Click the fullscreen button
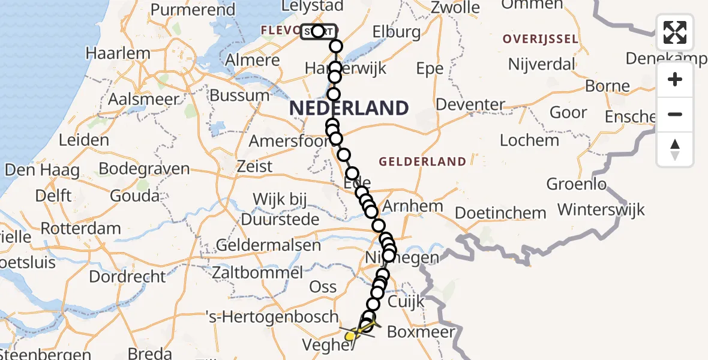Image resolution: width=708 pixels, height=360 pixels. click(675, 32)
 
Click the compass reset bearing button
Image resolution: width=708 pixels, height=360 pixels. click(675, 149)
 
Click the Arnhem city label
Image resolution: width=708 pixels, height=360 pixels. click(412, 206)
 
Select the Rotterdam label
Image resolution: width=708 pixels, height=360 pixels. click(82, 229)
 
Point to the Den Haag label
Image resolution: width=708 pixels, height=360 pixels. click(42, 170)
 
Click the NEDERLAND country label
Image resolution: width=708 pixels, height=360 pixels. click(349, 109)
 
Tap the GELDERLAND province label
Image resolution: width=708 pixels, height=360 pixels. click(422, 161)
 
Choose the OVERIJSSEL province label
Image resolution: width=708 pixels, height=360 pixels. click(540, 40)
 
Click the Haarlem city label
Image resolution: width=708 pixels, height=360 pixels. click(118, 53)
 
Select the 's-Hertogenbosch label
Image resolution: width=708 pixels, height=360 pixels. click(272, 316)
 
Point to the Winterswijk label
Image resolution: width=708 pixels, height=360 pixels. click(601, 209)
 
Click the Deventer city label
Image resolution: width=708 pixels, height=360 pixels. click(470, 104)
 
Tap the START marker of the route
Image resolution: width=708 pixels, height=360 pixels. click(318, 31)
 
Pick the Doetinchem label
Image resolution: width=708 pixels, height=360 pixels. click(500, 212)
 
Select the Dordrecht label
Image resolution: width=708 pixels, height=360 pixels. click(127, 277)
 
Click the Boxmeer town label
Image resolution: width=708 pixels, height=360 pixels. click(421, 332)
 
